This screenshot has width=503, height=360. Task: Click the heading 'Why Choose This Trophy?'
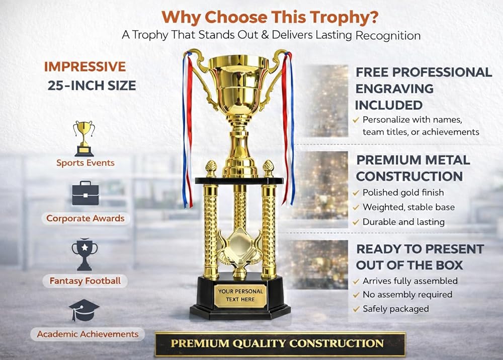coord(270,17)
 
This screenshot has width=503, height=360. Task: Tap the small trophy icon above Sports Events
coord(84,138)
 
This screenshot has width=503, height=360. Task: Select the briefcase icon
coord(86,193)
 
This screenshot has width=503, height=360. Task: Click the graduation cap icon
coord(83,310)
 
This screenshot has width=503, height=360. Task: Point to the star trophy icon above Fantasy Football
coord(85,254)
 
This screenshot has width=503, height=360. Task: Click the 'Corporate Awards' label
coord(86,219)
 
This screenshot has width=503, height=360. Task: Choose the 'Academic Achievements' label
coord(88,334)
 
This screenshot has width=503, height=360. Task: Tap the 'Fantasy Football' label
coord(85,281)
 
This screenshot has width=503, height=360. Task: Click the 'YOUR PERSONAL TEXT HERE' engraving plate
coord(240,296)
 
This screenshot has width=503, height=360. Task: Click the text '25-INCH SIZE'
coord(92,86)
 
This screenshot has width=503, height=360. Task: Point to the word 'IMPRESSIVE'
coord(85,67)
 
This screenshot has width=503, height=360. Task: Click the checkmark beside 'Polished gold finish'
coord(356,193)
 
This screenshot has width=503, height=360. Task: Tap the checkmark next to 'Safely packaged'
coord(356,309)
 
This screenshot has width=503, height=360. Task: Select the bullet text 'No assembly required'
coord(407,295)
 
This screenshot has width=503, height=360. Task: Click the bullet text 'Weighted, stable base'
coord(408,207)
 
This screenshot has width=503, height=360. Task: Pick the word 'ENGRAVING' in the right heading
coord(394,89)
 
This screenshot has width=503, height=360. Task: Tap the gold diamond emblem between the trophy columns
coord(239,246)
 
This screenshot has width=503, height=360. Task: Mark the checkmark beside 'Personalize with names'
coord(356,120)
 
